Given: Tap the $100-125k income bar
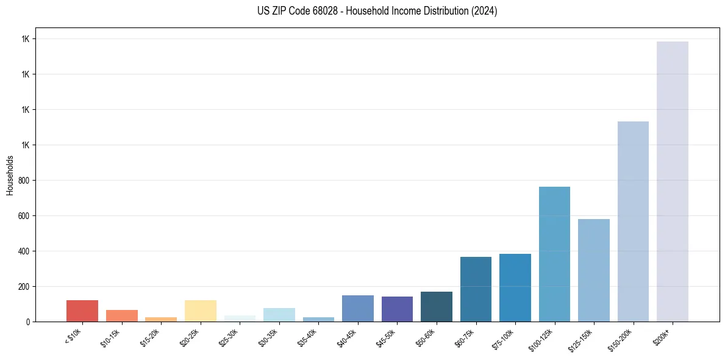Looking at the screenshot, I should tap(554, 254).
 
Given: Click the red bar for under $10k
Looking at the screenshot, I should tap(82, 311).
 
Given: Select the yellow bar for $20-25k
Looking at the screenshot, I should tap(200, 311).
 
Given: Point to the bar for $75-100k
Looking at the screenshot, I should tap(515, 287).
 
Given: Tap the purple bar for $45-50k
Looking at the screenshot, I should tap(397, 309).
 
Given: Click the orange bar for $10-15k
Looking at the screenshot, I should tap(121, 315).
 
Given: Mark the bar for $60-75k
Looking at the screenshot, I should tap(476, 289).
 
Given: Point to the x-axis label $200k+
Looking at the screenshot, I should tap(662, 336).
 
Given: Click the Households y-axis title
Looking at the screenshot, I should tap(10, 175).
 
